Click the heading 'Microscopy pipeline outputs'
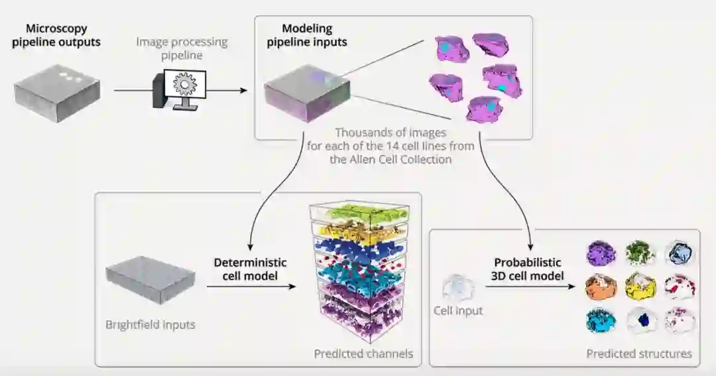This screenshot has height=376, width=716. [56, 36]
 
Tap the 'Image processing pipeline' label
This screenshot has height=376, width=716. [182, 48]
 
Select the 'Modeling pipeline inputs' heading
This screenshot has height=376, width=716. [306, 35]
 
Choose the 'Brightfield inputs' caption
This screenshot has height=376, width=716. [150, 325]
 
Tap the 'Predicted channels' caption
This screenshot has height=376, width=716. [363, 353]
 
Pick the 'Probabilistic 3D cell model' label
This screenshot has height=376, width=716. [527, 269]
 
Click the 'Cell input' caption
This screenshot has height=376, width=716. [458, 310]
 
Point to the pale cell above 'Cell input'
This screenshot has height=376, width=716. [459, 288]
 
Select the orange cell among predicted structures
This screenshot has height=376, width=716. [601, 286]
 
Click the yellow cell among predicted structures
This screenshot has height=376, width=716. [640, 286]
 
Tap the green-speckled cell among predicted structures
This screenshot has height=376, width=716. [640, 253]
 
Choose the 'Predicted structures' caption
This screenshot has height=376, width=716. [639, 353]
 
